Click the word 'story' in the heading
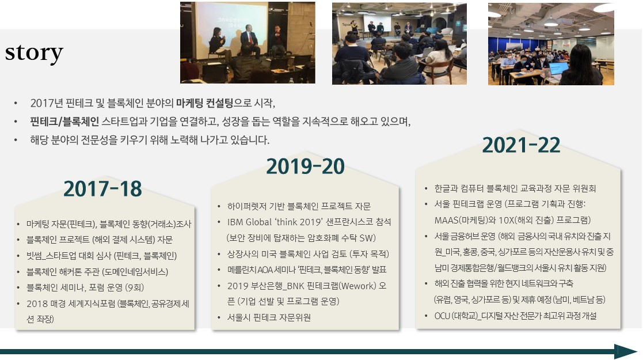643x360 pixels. [34, 53]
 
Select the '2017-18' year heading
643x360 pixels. [102, 189]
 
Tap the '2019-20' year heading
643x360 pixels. [306, 166]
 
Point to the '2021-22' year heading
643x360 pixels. [521, 145]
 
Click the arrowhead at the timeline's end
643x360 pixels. [626, 352]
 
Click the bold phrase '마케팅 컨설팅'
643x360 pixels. [204, 103]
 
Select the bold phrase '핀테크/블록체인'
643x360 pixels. [64, 122]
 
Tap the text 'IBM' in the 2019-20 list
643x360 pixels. [235, 222]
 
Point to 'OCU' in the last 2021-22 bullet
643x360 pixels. [442, 316]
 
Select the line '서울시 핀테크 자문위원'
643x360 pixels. [269, 317]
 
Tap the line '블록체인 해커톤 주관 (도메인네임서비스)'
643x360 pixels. [97, 272]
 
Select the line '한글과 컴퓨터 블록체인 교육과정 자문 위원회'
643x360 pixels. [515, 188]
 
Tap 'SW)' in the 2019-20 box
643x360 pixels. [367, 238]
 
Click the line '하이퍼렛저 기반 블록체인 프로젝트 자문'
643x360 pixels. [299, 206]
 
